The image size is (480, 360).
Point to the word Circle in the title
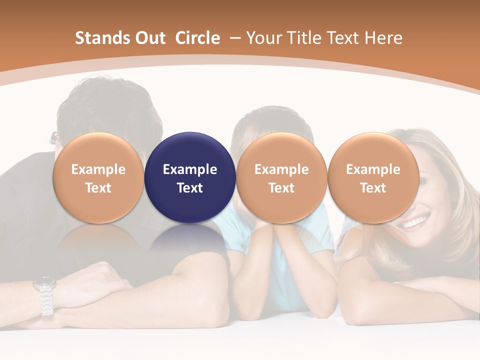(197, 38)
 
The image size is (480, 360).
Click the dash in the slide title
(235, 38)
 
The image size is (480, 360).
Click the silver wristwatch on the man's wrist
(45, 295)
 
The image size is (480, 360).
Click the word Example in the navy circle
(190, 169)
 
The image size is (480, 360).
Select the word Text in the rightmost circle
(373, 188)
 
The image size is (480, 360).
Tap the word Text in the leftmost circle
(98, 188)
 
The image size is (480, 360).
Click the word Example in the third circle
(281, 169)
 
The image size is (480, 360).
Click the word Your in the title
(260, 38)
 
